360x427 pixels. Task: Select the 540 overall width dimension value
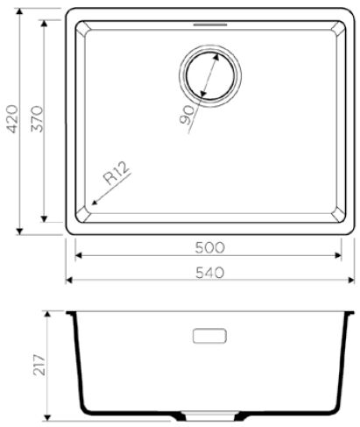pos(209,273)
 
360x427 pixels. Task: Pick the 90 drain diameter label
pos(186,114)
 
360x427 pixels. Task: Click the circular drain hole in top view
pos(208,75)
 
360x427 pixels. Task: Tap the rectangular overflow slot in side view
pos(208,336)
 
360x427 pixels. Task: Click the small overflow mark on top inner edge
pos(208,25)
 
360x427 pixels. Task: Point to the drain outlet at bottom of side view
pos(208,413)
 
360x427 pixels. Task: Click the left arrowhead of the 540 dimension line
pos(71,281)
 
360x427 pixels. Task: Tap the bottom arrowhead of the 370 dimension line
pos(45,218)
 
